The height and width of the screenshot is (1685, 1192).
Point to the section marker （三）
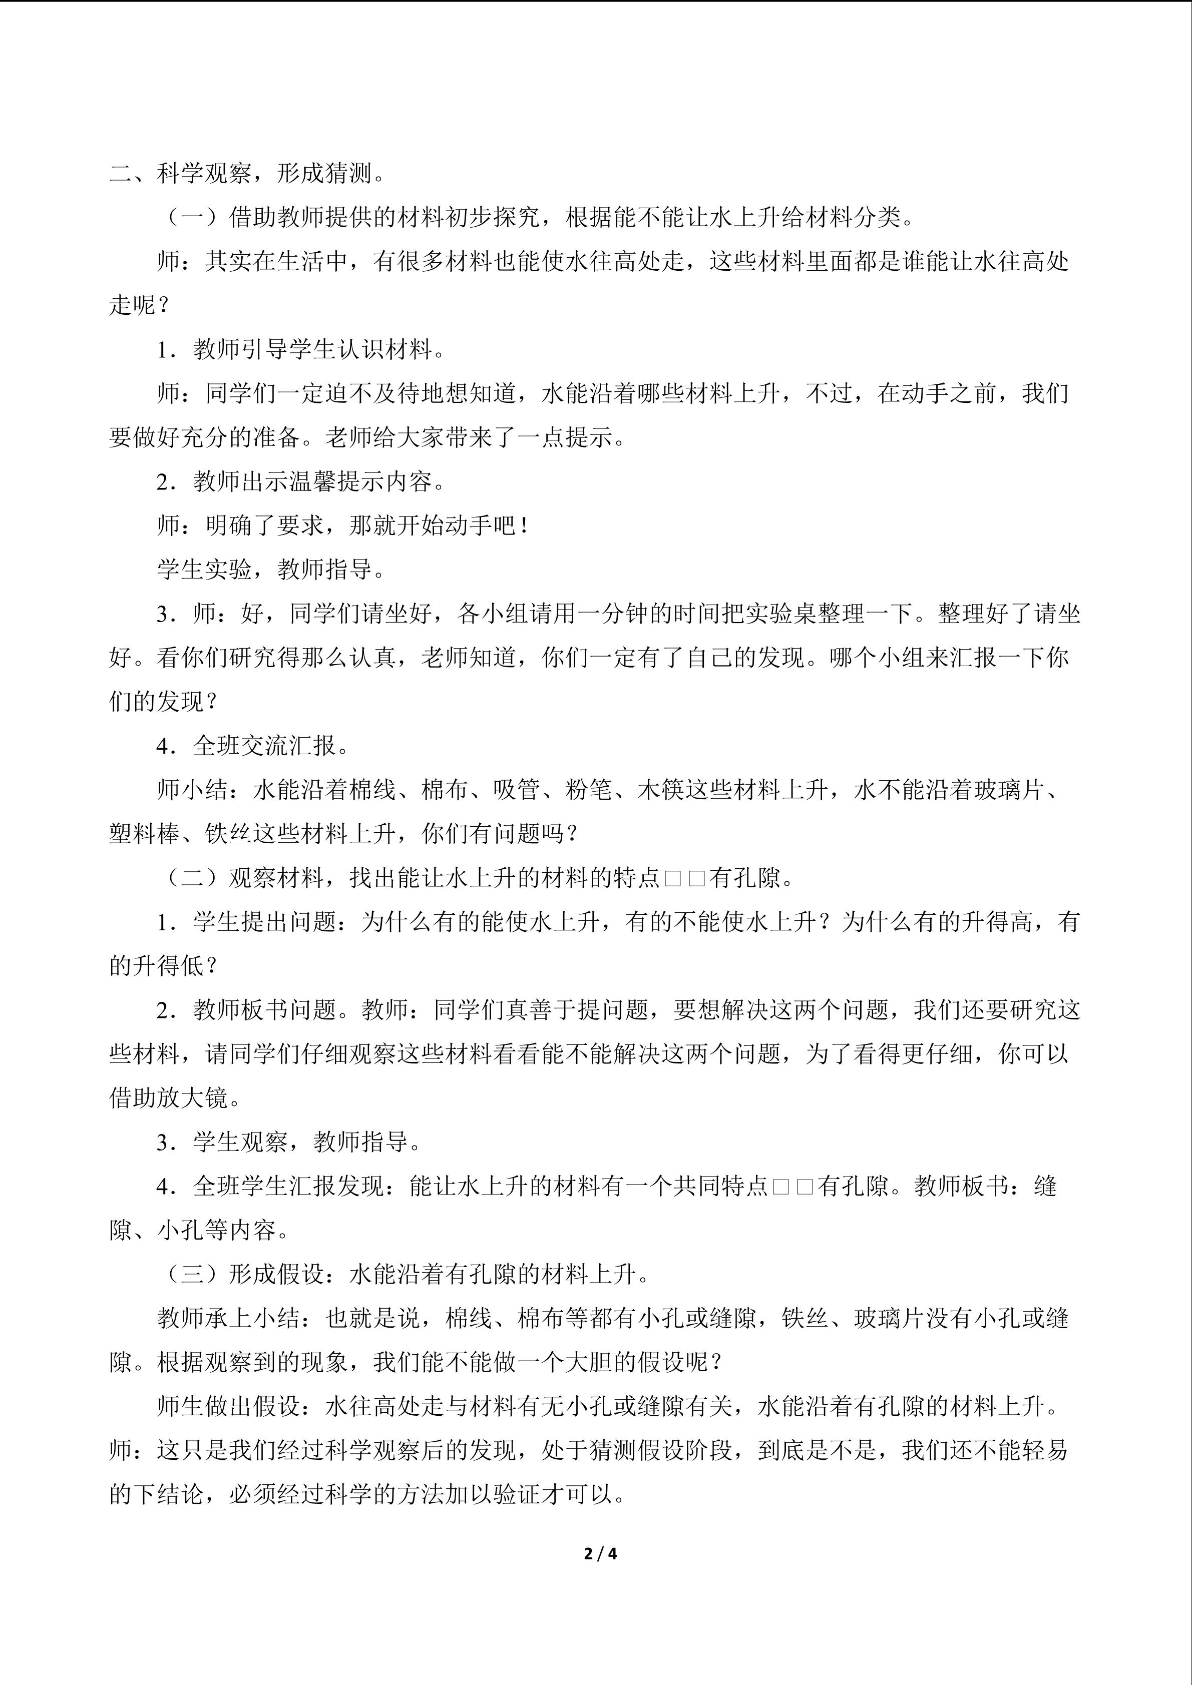192,1274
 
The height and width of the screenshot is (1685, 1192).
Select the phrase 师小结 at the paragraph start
192,790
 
